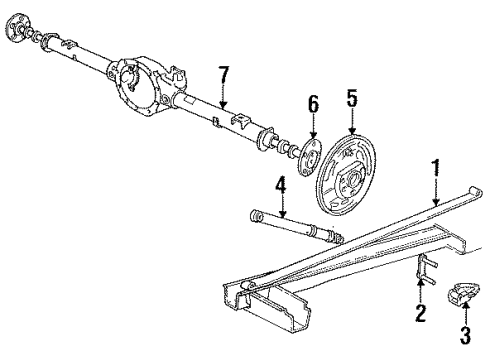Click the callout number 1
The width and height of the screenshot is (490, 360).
pyautogui.click(x=435, y=166)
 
